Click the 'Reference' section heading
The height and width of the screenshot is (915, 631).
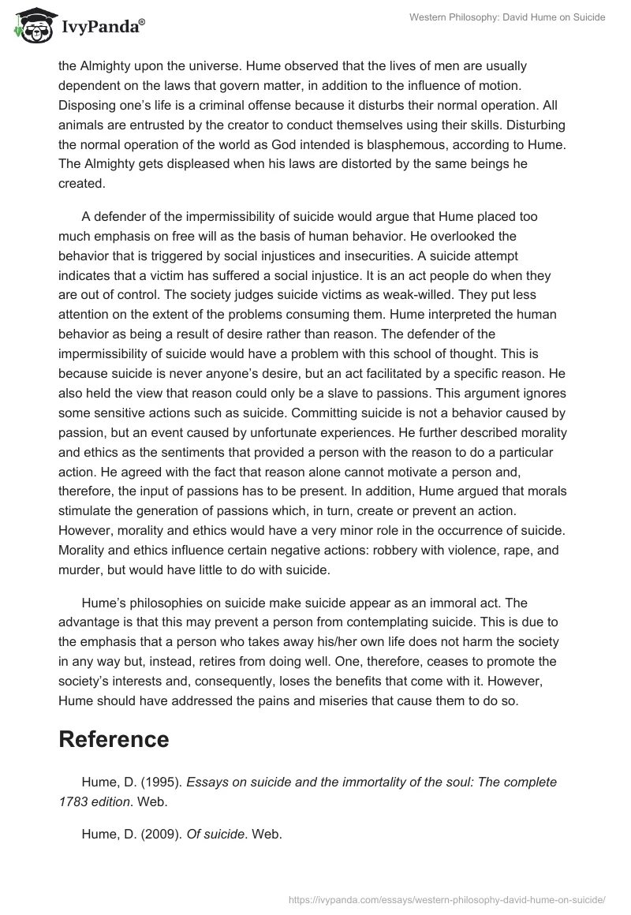[x=114, y=740]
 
